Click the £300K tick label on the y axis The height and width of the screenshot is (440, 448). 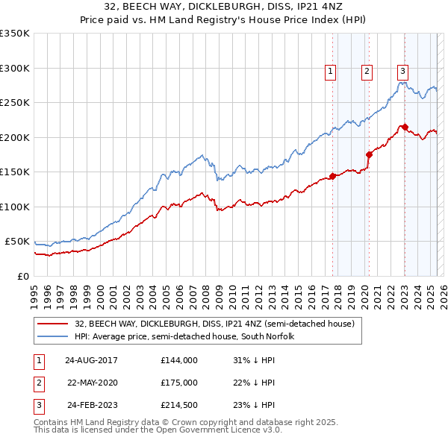point(15,68)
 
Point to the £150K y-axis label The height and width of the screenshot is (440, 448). point(15,172)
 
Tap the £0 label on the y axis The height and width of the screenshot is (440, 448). point(22,276)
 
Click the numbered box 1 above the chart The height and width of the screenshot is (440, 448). point(330,72)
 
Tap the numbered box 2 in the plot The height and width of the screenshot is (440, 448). point(367,72)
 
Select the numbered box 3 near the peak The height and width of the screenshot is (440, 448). point(402,72)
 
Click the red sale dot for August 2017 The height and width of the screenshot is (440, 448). point(332,176)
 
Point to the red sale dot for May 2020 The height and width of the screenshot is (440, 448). point(369,154)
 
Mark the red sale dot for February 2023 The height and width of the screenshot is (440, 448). point(405,128)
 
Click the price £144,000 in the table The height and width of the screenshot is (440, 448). point(179,360)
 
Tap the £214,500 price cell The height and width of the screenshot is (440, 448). point(179,405)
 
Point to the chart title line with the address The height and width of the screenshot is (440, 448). point(224,8)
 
